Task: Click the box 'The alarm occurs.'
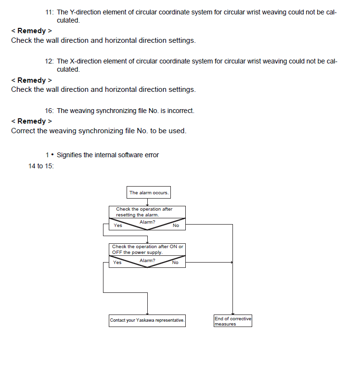[149, 193]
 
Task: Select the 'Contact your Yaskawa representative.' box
[147, 320]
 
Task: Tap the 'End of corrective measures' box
[232, 321]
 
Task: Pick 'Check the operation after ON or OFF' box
[147, 249]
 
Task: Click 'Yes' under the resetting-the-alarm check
[118, 226]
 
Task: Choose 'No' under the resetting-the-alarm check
[176, 226]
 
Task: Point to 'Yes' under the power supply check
[117, 263]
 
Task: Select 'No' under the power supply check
[175, 263]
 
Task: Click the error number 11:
[49, 12]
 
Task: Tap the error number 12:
[49, 61]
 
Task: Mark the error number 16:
[49, 111]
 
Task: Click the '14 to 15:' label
[41, 166]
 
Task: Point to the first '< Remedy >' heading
[31, 31]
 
